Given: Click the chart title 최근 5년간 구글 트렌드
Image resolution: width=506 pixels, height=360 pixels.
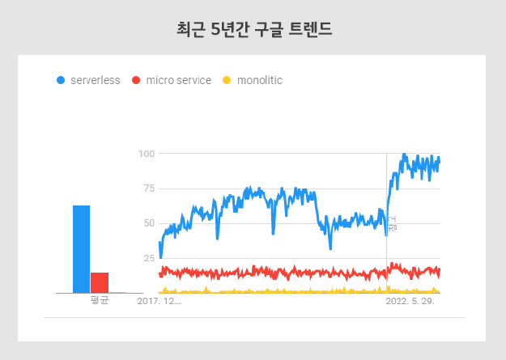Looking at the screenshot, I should [253, 30].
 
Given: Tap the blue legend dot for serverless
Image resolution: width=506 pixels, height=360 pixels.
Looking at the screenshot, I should [61, 80].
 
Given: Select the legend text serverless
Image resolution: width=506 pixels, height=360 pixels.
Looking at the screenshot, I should [95, 80].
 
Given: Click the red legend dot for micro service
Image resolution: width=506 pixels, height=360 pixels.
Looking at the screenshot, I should [136, 80].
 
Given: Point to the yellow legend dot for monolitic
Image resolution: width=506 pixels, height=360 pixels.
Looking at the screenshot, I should [227, 80].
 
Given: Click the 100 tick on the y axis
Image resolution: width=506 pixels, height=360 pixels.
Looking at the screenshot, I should [147, 154].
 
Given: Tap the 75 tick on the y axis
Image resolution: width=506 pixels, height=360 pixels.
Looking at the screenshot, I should [147, 188].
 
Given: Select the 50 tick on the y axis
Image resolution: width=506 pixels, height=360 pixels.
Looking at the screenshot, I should [147, 223].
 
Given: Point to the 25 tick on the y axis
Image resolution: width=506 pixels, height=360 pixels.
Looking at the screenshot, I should [147, 258].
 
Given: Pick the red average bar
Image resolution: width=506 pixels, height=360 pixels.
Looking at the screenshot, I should [100, 282].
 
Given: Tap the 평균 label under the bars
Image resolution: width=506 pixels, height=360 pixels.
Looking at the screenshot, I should [100, 301].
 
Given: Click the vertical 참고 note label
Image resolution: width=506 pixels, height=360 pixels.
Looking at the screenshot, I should [393, 224].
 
